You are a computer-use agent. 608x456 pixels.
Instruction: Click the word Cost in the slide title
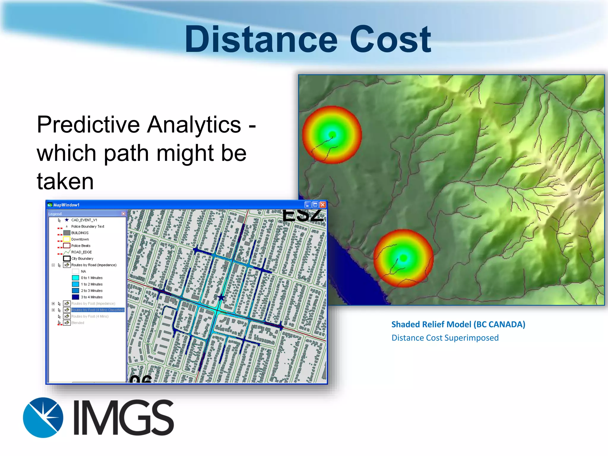click(390, 39)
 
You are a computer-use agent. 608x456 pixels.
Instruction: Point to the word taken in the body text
click(65, 181)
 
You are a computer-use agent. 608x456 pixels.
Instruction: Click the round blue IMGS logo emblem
click(43, 417)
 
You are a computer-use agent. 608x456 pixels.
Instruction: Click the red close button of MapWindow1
click(323, 205)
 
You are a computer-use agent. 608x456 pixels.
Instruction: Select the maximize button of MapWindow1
click(315, 205)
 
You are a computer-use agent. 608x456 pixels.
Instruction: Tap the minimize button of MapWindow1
click(308, 205)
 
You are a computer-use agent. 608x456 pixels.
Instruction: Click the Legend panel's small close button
click(123, 214)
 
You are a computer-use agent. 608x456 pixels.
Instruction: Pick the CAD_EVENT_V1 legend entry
click(84, 220)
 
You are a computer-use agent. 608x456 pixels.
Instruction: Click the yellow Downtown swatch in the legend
click(67, 239)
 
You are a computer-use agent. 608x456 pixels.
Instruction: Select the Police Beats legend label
click(81, 246)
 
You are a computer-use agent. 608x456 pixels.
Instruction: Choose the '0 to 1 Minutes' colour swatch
click(75, 278)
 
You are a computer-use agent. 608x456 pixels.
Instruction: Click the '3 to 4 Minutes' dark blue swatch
click(75, 297)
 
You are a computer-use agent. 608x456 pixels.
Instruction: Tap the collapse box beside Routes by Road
click(53, 265)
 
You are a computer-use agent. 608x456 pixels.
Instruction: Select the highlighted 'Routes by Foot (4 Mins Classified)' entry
click(97, 310)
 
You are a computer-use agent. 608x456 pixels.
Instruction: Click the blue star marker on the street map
click(221, 297)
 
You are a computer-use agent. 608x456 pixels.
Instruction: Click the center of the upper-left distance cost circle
click(332, 134)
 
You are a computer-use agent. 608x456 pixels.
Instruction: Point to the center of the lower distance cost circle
click(403, 258)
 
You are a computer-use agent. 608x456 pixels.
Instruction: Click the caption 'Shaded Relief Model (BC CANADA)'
click(458, 324)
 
